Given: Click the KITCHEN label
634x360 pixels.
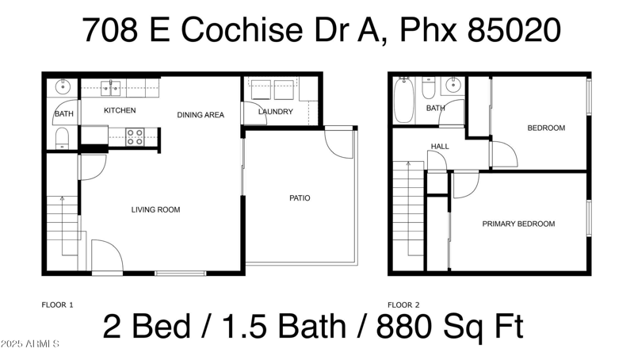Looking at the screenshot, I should click(120, 110).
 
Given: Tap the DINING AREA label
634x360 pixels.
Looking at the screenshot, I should click(200, 115).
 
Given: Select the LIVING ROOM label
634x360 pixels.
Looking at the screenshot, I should click(155, 210).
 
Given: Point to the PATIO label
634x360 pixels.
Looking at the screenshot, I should click(299, 197).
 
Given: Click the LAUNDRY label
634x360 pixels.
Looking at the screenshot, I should click(276, 112).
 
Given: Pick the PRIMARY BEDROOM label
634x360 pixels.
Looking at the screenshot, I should click(518, 224).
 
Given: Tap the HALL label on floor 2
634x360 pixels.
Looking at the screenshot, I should click(440, 147).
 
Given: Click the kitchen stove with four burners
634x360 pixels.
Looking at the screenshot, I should click(134, 137).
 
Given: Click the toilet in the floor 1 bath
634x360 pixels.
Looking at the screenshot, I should click(63, 139).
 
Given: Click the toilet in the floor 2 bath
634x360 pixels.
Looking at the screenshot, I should click(429, 87).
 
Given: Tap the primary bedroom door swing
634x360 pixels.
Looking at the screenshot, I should click(465, 184).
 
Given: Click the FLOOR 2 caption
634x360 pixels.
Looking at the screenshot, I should click(403, 304).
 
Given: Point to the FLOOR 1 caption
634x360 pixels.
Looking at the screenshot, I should click(57, 304).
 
